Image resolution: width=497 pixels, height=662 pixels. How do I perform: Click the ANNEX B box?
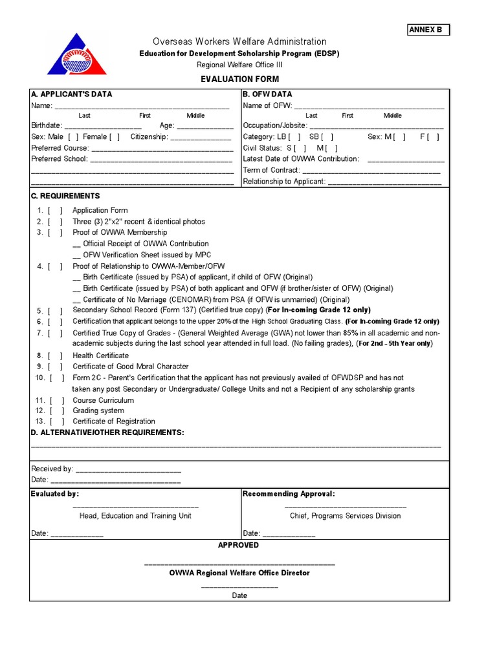(x=428, y=30)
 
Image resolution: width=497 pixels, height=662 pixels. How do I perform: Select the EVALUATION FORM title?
(x=239, y=79)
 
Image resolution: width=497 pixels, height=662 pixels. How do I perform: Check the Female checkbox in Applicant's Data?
(x=115, y=136)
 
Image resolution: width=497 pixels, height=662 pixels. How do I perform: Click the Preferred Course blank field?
(x=161, y=147)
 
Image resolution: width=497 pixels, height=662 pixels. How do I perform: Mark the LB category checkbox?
(x=294, y=136)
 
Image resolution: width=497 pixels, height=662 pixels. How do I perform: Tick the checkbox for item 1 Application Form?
(x=55, y=210)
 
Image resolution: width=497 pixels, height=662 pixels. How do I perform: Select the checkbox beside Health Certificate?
(x=55, y=356)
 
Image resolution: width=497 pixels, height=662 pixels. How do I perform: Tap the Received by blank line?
(x=128, y=469)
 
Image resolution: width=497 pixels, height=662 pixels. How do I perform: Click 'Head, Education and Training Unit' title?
(x=135, y=516)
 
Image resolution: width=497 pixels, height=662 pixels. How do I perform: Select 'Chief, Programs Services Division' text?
(x=345, y=516)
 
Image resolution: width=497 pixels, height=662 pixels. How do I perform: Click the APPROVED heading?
(x=238, y=545)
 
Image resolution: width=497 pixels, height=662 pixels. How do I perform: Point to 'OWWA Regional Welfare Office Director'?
(x=239, y=573)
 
